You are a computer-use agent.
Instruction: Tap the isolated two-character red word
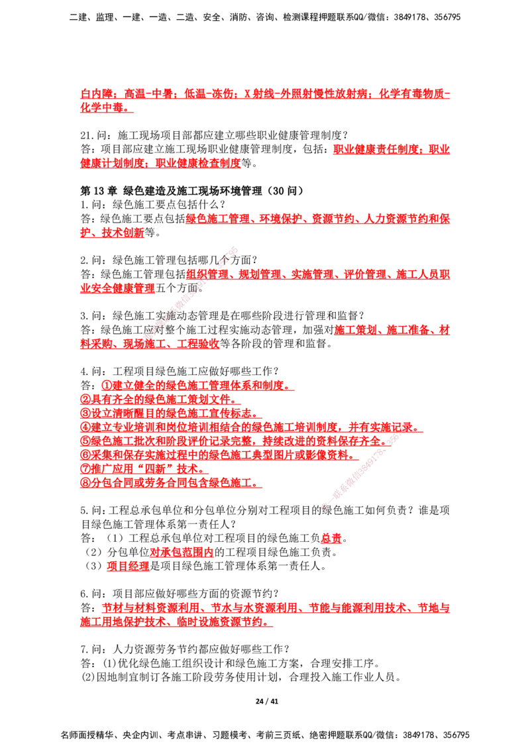[331, 539]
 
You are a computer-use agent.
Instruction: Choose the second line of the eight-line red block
[156, 399]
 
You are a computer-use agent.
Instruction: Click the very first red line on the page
[265, 93]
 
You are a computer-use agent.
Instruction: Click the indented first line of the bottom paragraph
[275, 608]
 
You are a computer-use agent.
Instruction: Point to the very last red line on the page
[176, 623]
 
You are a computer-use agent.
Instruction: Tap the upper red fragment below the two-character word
[180, 551]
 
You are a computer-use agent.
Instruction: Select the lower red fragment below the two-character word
[128, 567]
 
